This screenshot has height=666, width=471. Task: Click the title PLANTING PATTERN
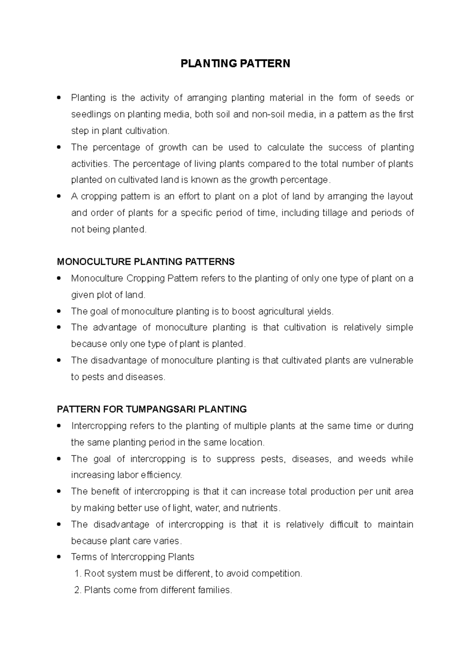click(235, 64)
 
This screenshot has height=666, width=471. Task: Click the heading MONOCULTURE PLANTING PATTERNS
click(146, 262)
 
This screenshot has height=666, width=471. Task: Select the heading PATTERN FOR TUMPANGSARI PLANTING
click(152, 409)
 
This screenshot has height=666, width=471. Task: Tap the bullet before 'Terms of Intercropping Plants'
click(59, 557)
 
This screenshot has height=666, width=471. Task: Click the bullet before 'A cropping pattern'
click(59, 196)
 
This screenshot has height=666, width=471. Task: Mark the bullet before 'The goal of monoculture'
click(59, 311)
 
